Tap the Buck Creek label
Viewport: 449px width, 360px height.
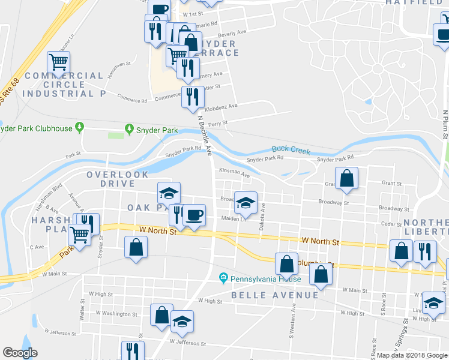point(291,149)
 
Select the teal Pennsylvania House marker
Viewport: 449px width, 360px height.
point(223,278)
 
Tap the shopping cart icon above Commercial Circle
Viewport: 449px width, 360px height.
point(59,61)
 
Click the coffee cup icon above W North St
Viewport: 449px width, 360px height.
point(193,215)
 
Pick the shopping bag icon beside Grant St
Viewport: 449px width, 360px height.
point(347,178)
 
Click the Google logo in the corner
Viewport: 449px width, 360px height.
point(20,353)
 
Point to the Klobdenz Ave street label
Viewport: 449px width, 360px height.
point(221,106)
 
